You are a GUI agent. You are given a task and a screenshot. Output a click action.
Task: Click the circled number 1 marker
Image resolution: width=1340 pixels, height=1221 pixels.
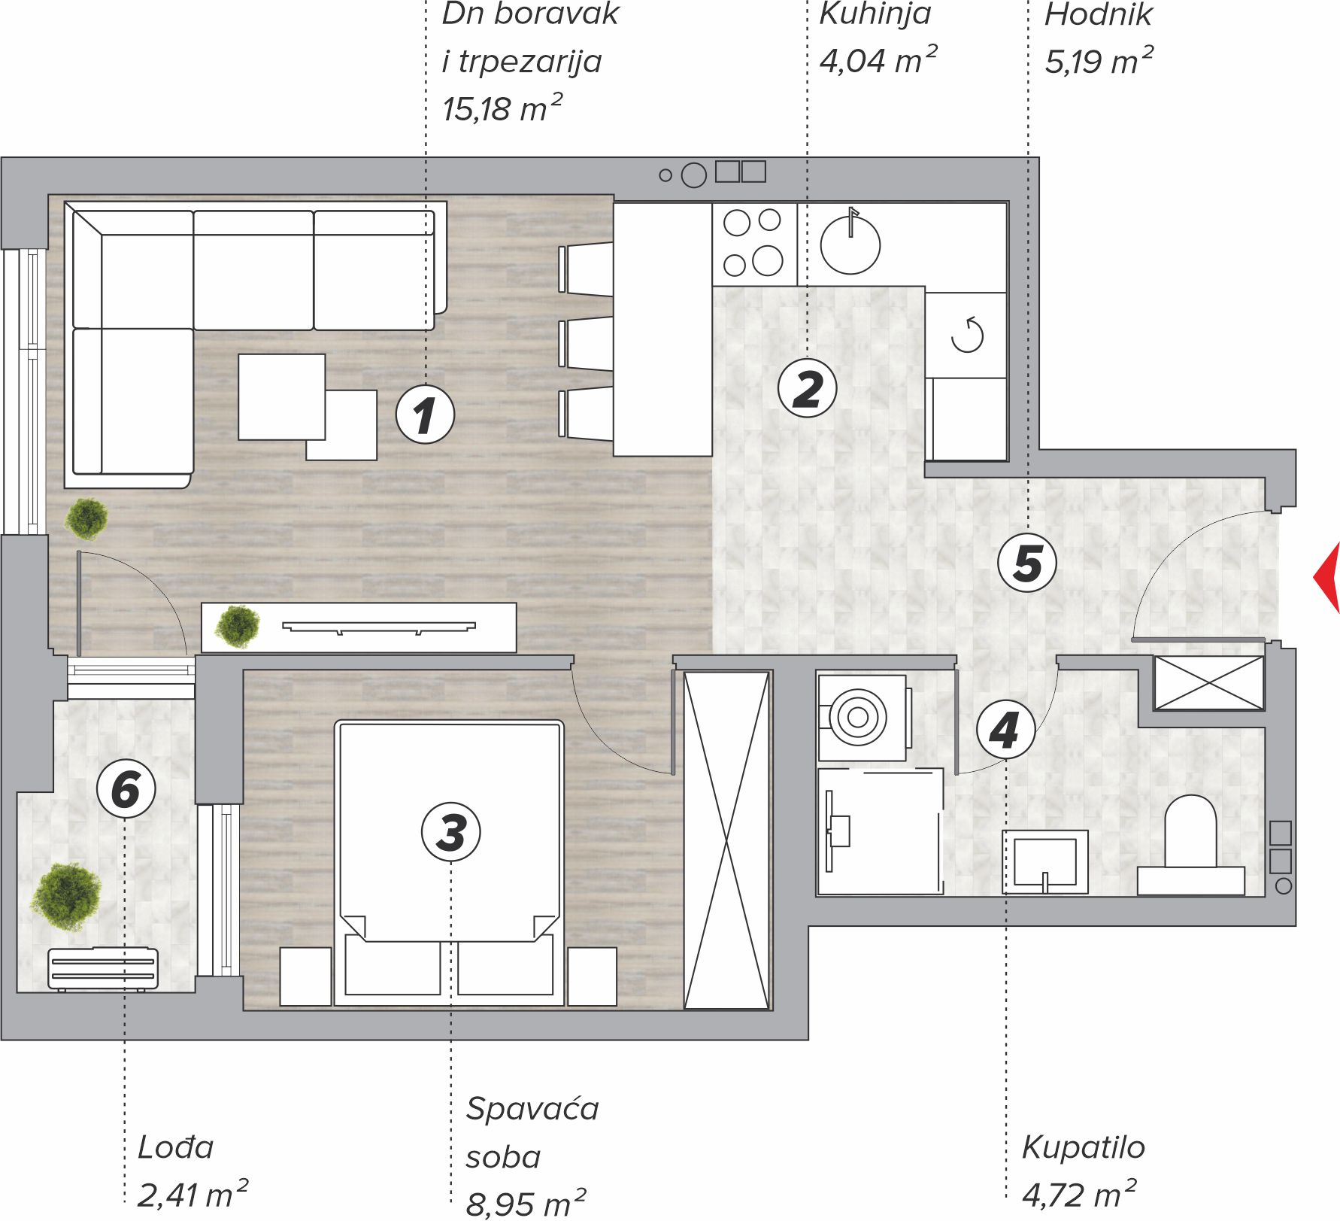pyautogui.click(x=425, y=414)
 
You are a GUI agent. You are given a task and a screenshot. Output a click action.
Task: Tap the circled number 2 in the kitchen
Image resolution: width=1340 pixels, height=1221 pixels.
pyautogui.click(x=807, y=388)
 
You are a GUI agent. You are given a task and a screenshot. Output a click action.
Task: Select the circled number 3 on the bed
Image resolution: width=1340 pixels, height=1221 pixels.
pyautogui.click(x=450, y=832)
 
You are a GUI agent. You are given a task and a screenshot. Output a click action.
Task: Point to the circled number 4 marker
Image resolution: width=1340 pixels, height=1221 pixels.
pyautogui.click(x=1005, y=730)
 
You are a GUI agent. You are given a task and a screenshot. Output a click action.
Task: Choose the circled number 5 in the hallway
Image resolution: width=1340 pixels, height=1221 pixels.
pyautogui.click(x=1027, y=562)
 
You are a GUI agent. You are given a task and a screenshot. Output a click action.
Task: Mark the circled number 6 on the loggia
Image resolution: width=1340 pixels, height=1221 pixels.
pyautogui.click(x=126, y=789)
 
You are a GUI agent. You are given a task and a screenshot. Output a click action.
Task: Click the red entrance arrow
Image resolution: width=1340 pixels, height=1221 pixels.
pyautogui.click(x=1327, y=577)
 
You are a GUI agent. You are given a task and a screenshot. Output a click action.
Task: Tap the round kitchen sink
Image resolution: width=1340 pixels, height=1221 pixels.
pyautogui.click(x=850, y=244)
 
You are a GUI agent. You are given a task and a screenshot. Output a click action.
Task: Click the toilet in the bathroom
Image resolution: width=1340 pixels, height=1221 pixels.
pyautogui.click(x=1190, y=845)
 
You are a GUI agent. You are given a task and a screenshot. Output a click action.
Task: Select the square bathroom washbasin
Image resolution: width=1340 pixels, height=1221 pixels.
pyautogui.click(x=1044, y=862)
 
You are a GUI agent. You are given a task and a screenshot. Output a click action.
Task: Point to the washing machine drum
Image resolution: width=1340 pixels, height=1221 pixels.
pyautogui.click(x=858, y=718)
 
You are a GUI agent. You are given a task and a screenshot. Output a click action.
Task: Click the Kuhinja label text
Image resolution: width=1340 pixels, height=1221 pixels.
pyautogui.click(x=875, y=14)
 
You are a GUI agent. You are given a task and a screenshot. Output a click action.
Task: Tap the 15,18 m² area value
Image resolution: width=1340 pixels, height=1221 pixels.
pyautogui.click(x=502, y=109)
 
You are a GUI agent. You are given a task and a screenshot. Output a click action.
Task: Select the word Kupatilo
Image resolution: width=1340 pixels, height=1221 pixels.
pyautogui.click(x=1083, y=1147)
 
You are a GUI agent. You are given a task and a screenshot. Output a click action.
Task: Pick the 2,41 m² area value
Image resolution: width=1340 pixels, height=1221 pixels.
pyautogui.click(x=193, y=1194)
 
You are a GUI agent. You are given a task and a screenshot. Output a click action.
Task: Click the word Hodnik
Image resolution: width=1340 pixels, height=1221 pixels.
pyautogui.click(x=1098, y=14)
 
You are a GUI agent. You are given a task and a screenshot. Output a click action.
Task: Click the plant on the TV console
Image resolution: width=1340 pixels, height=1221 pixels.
pyautogui.click(x=238, y=627)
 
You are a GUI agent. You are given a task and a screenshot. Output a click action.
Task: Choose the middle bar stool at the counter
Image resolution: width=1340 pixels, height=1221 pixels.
pyautogui.click(x=586, y=345)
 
